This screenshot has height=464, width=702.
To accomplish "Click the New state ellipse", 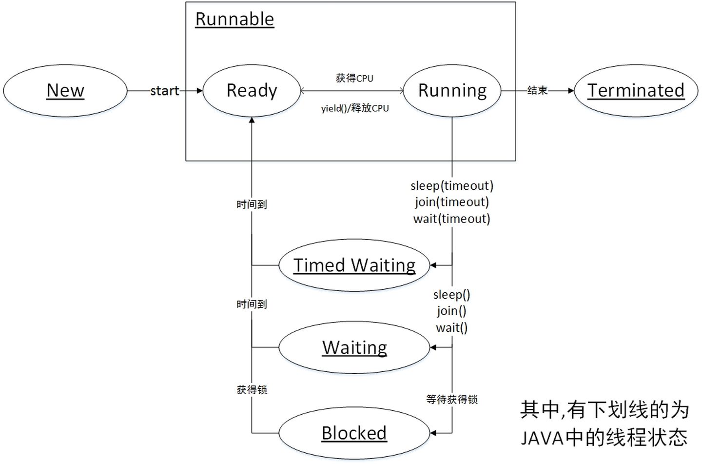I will [65, 91].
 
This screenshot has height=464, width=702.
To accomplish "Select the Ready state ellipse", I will [252, 91].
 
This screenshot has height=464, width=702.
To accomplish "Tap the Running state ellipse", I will [452, 91].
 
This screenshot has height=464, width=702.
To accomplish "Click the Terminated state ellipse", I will [636, 91].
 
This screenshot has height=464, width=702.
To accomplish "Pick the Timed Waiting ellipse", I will [354, 265].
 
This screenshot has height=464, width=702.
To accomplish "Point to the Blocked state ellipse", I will [354, 433].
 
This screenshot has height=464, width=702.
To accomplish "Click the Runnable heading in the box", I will [234, 20].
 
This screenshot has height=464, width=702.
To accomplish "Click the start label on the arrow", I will [164, 91].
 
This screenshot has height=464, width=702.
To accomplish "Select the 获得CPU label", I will [354, 78].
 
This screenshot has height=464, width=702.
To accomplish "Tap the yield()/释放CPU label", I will [355, 108].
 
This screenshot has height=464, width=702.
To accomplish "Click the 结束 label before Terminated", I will [537, 91].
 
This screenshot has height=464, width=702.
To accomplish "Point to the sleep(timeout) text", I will [452, 186].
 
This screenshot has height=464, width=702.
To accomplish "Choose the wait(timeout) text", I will [452, 219].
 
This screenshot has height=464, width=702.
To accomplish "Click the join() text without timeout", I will [452, 311].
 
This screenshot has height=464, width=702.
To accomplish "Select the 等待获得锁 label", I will [452, 400].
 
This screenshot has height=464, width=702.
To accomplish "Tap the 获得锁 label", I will [252, 390].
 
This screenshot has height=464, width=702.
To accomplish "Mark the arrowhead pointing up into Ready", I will [252, 121].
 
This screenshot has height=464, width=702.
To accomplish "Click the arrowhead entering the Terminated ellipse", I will [571, 91].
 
